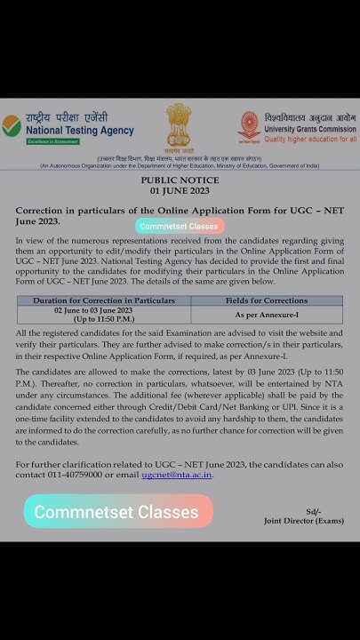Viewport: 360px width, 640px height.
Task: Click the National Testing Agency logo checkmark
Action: pyautogui.click(x=12, y=125)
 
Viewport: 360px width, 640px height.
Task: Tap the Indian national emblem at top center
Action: pyautogui.click(x=178, y=124)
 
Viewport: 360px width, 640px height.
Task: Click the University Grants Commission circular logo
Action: pyautogui.click(x=249, y=127)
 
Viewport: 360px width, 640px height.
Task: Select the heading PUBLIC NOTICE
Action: pyautogui.click(x=180, y=180)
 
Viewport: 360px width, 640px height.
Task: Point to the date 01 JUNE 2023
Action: pyautogui.click(x=180, y=191)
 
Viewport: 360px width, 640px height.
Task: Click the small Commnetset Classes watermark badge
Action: pyautogui.click(x=179, y=226)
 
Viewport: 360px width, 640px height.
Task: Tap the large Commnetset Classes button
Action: pyautogui.click(x=117, y=512)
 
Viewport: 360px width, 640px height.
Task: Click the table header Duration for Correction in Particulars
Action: pyautogui.click(x=103, y=301)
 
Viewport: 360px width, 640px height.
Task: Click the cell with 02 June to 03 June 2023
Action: pyautogui.click(x=103, y=310)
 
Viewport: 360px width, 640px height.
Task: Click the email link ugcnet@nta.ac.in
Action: pyautogui.click(x=177, y=475)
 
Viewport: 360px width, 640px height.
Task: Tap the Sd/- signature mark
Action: pyautogui.click(x=312, y=511)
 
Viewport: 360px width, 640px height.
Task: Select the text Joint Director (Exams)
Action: pyautogui.click(x=303, y=522)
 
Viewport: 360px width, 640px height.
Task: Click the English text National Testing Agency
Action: pyautogui.click(x=79, y=131)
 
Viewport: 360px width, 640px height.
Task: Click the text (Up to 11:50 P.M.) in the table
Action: pyautogui.click(x=103, y=319)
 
